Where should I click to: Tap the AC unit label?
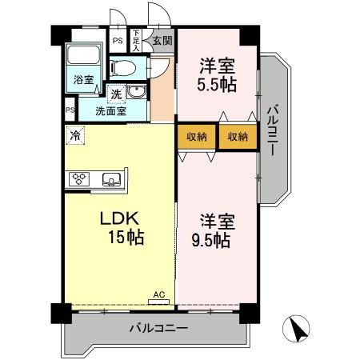159,294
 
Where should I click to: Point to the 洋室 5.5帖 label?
216,74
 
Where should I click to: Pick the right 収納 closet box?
237,136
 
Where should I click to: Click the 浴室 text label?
83,80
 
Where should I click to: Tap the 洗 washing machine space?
116,94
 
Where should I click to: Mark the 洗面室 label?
110,110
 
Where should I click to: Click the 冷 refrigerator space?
74,136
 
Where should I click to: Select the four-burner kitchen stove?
81,178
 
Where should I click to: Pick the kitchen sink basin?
111,178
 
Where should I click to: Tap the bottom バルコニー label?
158,329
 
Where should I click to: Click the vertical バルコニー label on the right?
272,131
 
